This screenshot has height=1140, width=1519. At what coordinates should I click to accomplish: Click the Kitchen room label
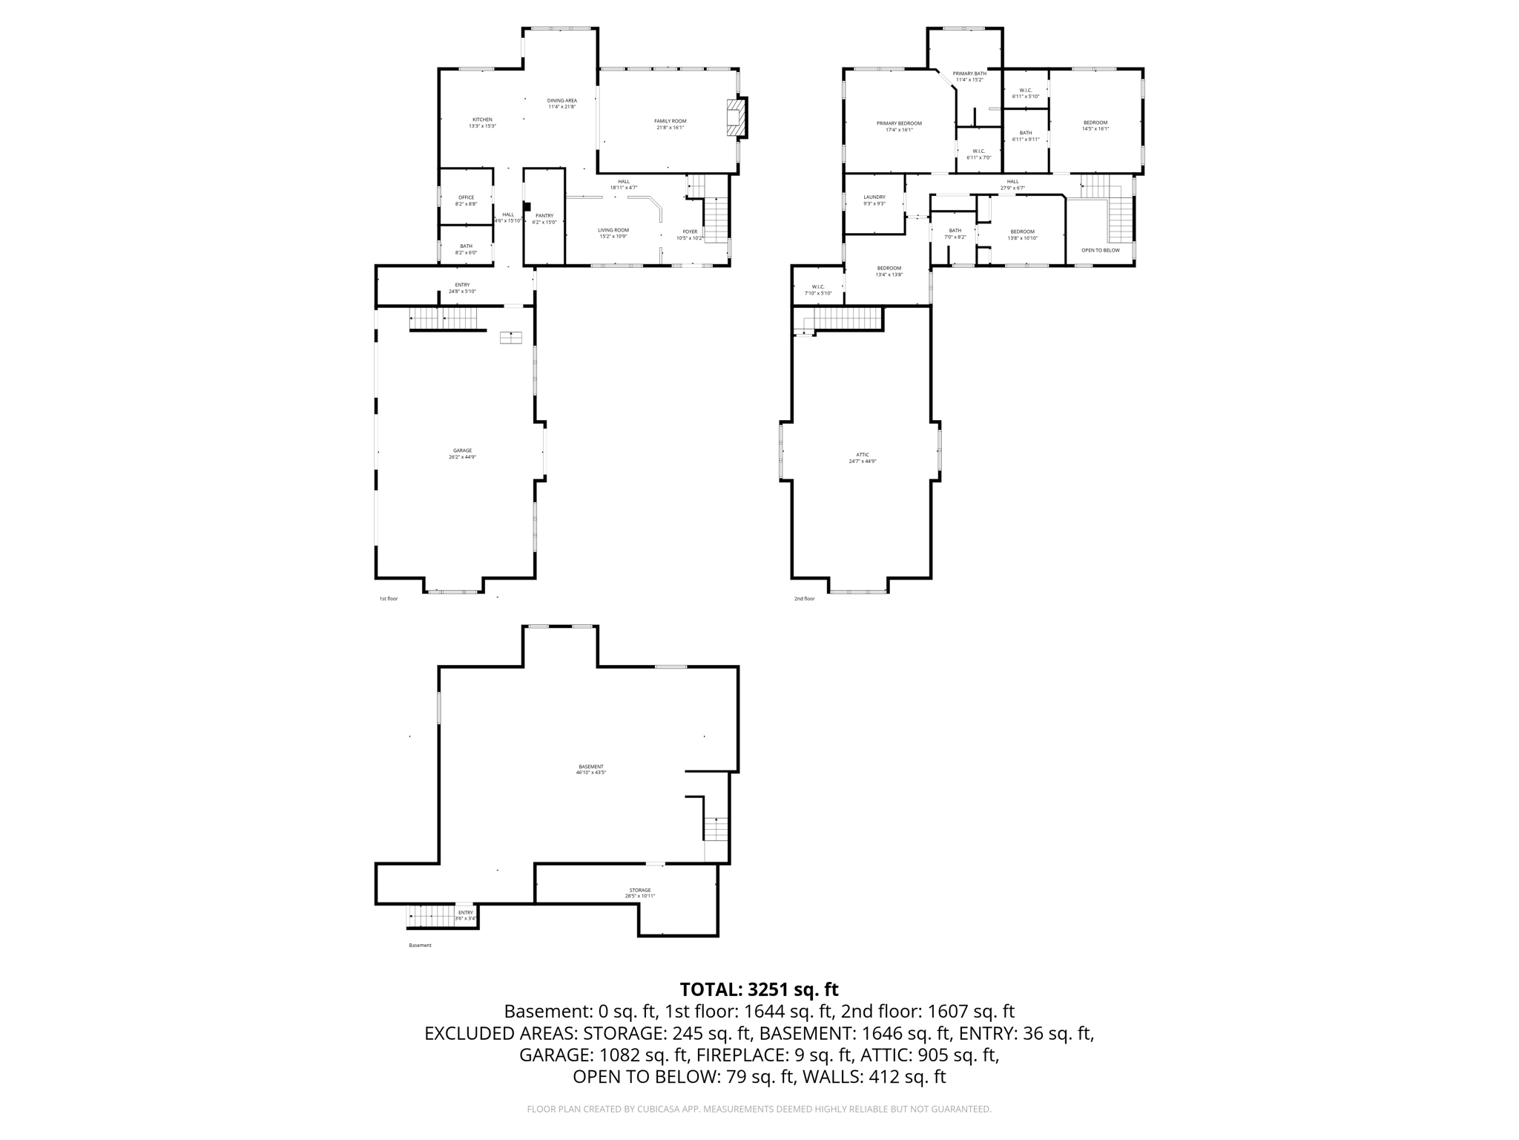[x=482, y=120]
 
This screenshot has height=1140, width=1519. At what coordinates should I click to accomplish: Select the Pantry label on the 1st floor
[x=544, y=216]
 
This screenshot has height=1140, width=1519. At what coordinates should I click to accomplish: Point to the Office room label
[x=466, y=197]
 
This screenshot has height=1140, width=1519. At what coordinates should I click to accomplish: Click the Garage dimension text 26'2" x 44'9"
[x=462, y=457]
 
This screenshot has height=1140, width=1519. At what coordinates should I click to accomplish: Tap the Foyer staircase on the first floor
[x=715, y=220]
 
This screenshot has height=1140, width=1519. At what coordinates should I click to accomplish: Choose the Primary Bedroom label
[x=899, y=123]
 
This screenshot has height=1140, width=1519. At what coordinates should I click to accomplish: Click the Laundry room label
[x=874, y=197]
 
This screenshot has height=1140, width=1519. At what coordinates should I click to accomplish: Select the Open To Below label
[x=1100, y=250]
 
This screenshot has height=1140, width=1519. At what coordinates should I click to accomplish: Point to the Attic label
[x=862, y=455]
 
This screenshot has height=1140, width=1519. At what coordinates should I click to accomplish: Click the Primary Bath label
[x=969, y=73]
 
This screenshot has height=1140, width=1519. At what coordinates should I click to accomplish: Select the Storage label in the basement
[x=639, y=890]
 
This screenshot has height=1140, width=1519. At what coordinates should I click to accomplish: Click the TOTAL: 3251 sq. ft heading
[x=759, y=989]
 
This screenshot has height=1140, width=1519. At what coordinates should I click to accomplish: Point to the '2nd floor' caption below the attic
[x=804, y=598]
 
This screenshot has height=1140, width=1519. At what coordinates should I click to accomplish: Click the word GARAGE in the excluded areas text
[x=553, y=1055]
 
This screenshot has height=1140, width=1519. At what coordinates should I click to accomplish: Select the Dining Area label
[x=561, y=100]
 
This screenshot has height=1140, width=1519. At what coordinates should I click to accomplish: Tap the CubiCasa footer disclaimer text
[x=759, y=1109]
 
